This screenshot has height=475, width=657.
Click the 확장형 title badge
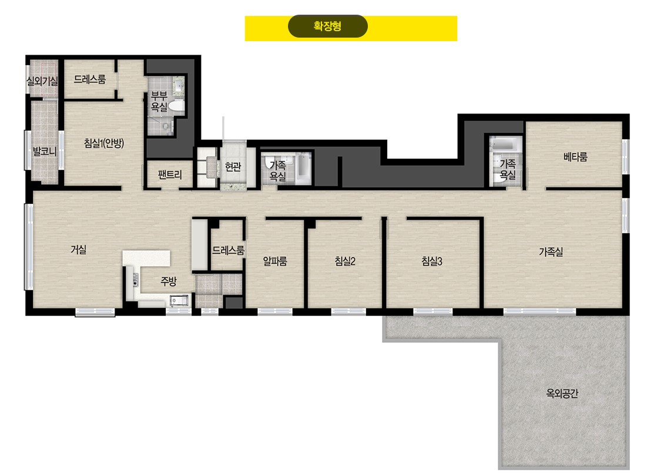(x=328, y=26)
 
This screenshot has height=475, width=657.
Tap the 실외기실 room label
(x=42, y=81)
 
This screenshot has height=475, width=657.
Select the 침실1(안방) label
(x=104, y=143)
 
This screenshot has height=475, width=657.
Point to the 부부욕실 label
(x=159, y=102)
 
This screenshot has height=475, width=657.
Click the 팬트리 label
(x=170, y=175)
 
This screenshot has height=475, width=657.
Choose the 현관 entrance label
(x=233, y=167)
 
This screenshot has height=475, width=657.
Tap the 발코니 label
(x=45, y=151)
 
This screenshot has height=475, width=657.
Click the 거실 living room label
(x=78, y=249)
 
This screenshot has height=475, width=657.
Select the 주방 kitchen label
(x=169, y=282)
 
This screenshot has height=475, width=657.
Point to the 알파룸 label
(x=275, y=261)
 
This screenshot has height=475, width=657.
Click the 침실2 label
(x=345, y=261)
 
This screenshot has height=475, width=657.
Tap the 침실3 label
(x=431, y=261)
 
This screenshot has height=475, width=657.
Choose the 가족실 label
(x=551, y=252)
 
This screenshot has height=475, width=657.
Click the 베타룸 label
(x=575, y=157)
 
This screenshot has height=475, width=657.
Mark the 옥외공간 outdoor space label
(x=562, y=393)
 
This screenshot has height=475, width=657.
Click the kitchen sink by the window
(x=179, y=300)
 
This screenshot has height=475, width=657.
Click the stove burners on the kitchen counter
(x=135, y=279)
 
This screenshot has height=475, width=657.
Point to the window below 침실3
(x=433, y=312)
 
